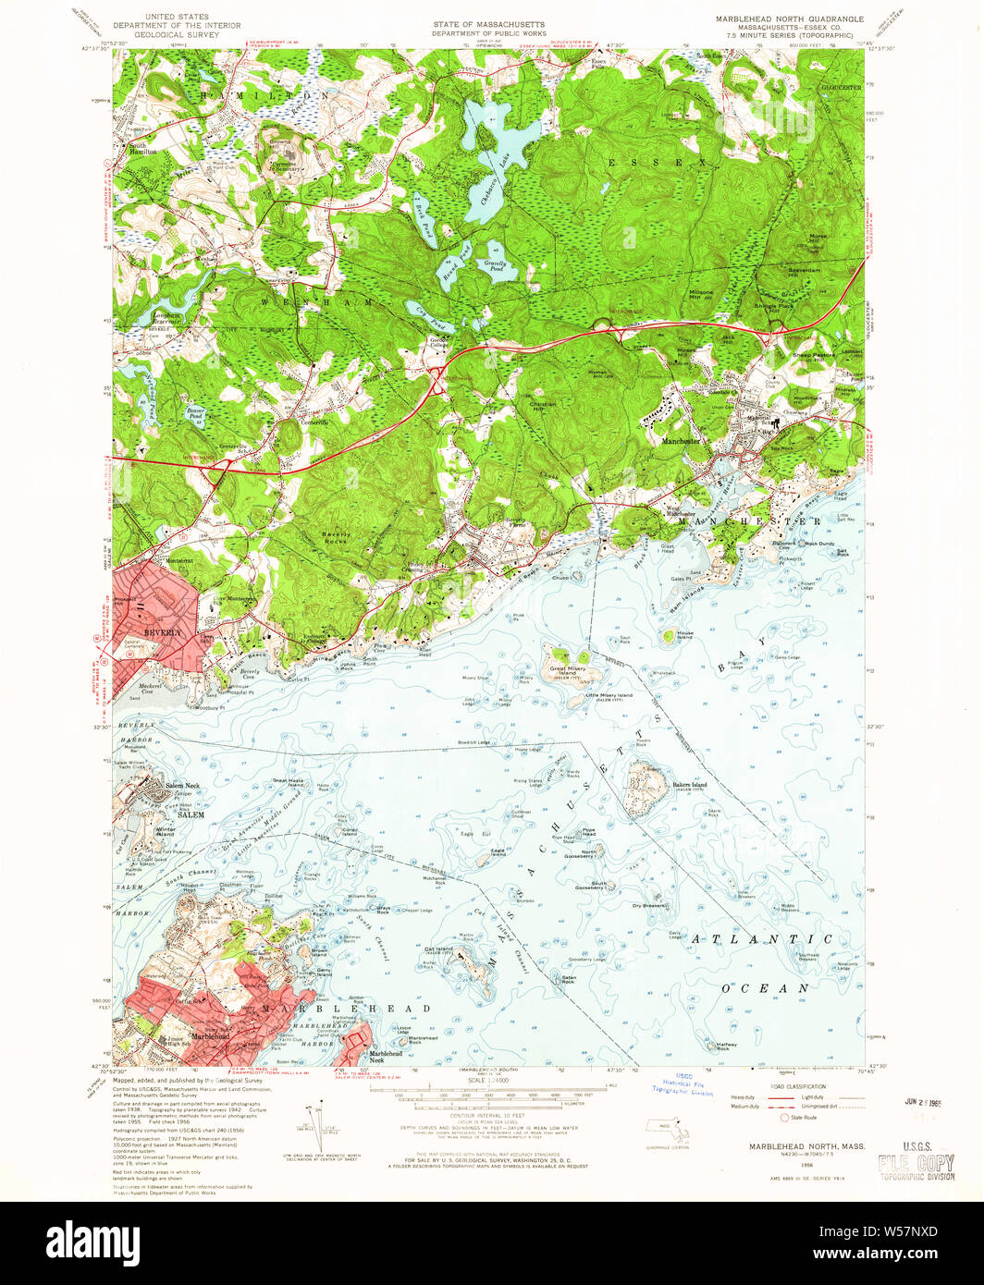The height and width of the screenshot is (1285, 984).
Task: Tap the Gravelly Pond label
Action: click(x=496, y=265)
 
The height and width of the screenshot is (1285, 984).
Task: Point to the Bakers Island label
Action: click(x=689, y=786)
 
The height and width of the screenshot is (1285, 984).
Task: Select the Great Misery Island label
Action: click(x=566, y=669)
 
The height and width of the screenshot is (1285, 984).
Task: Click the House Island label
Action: click(x=684, y=635)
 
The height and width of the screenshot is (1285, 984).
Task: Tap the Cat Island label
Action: click(x=438, y=949)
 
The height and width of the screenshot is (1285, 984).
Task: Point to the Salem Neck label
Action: click(x=182, y=785)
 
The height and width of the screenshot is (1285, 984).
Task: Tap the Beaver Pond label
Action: click(x=195, y=410)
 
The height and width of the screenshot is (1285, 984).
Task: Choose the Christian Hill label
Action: click(x=542, y=405)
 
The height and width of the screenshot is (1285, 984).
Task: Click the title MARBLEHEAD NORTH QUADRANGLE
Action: click(x=789, y=18)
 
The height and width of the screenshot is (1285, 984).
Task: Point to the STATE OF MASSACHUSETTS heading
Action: click(x=489, y=24)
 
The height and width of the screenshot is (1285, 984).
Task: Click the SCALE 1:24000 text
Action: click(x=489, y=1080)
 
